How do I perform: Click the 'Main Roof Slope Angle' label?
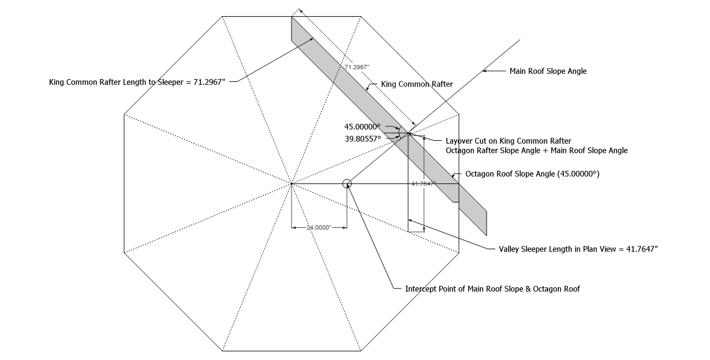[x=548, y=71]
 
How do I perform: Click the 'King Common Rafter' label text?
[x=417, y=84]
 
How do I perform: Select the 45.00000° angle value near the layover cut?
[x=363, y=127]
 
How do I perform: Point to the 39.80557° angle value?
[x=363, y=138]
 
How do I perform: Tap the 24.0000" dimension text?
[x=319, y=228]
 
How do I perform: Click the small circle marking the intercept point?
[x=347, y=184]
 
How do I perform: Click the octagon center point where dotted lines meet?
[x=292, y=183]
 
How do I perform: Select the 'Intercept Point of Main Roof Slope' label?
[x=492, y=288]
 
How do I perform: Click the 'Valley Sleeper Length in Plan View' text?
[x=578, y=249]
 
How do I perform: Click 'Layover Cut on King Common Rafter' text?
[x=509, y=141]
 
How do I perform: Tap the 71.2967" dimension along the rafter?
[x=357, y=67]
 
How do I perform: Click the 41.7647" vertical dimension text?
[x=423, y=183]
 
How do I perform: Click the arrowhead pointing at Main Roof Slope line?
[x=485, y=71]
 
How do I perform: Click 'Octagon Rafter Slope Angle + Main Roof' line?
[x=537, y=151]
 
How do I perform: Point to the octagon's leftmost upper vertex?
[x=124, y=115]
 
